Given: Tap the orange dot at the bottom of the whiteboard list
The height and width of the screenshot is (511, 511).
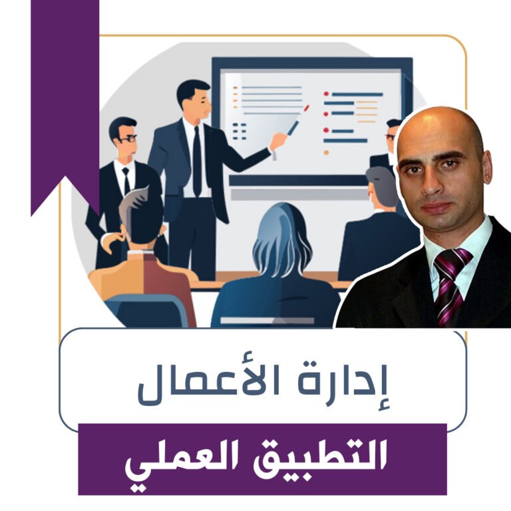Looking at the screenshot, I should tap(326, 152).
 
